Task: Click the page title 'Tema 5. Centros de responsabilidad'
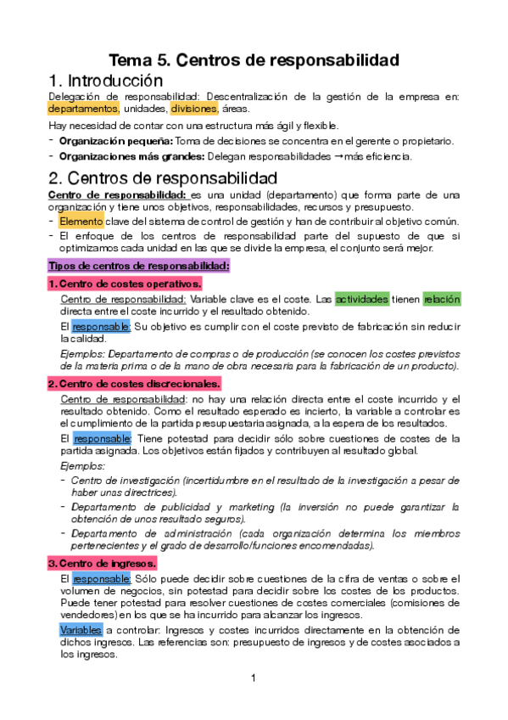[x=254, y=60]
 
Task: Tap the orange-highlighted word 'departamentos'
[x=83, y=109]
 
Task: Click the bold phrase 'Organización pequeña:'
[x=116, y=140]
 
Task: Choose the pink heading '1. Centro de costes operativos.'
[x=125, y=284]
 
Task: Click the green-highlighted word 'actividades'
[x=362, y=299]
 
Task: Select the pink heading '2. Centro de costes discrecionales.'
[x=134, y=384]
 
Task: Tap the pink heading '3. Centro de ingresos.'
[x=102, y=563]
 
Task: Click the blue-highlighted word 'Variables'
[x=81, y=630]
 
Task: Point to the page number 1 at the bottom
[x=254, y=678]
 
